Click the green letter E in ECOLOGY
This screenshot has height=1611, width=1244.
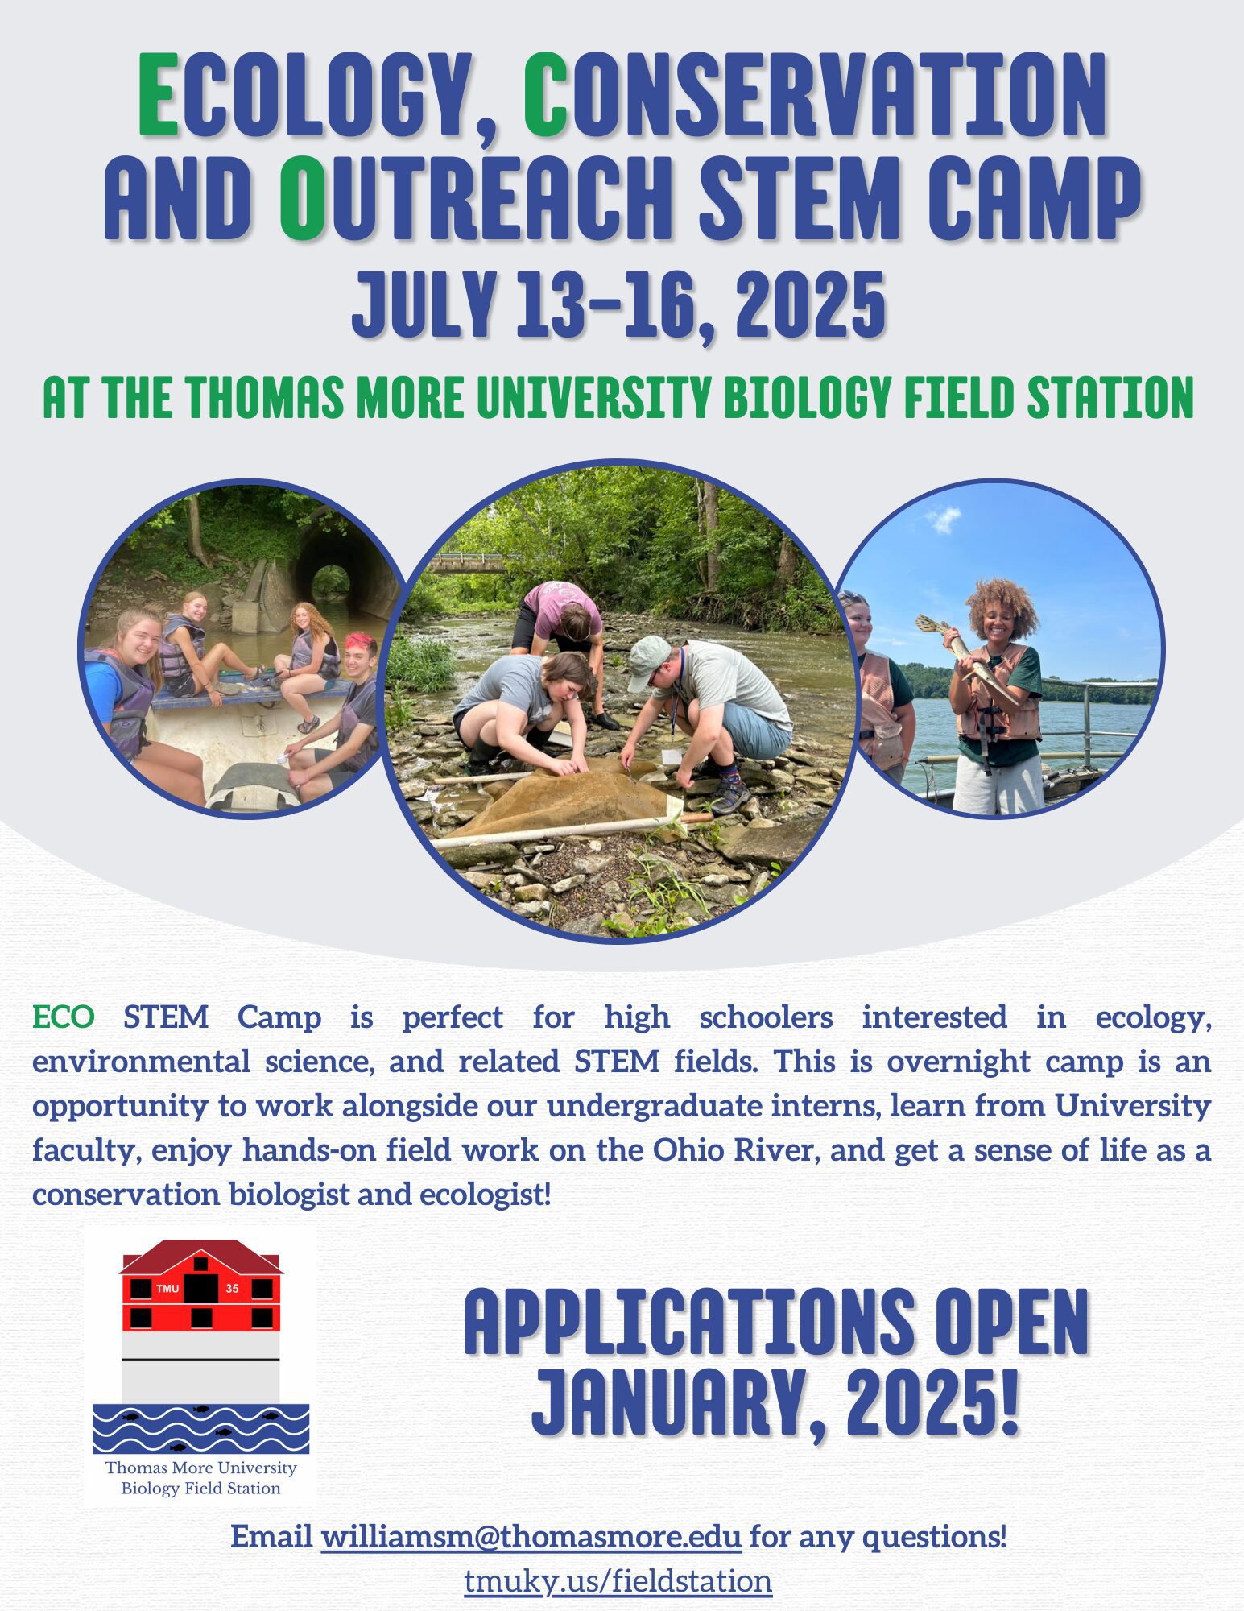[159, 95]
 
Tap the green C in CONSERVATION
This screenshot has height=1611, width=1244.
[546, 95]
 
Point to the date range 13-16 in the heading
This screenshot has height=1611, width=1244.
[604, 305]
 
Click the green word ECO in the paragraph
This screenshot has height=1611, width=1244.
[64, 1017]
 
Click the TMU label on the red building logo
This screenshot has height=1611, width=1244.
[167, 1289]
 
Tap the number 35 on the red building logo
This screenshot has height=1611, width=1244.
[232, 1289]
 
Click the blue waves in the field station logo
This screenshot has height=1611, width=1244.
[200, 1430]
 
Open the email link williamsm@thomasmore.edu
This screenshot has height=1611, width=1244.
[531, 1537]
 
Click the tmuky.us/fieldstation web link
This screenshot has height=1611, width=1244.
[618, 1580]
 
